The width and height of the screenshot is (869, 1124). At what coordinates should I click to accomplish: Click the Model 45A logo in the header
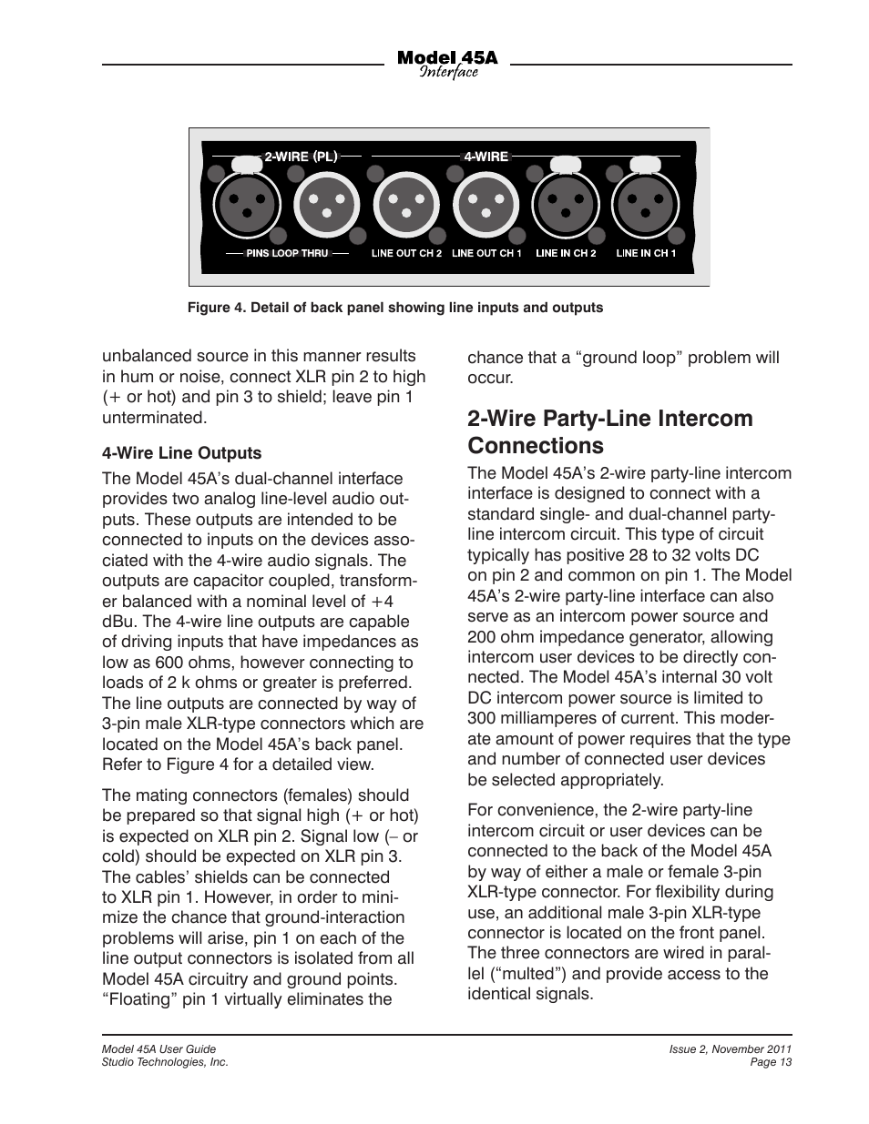click(x=447, y=64)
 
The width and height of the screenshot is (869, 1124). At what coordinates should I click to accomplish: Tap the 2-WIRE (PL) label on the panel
click(x=301, y=157)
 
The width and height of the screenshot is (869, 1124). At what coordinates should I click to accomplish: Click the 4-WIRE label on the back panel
click(x=486, y=157)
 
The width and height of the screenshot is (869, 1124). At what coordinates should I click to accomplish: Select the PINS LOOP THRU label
click(x=287, y=253)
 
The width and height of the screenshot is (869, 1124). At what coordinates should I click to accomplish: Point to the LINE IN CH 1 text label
click(x=646, y=253)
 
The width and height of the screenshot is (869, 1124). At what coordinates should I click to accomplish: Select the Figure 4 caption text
click(x=395, y=308)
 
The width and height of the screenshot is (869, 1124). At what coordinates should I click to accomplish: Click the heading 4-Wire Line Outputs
click(x=181, y=453)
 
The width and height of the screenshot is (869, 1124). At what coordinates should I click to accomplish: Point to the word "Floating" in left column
click(x=139, y=999)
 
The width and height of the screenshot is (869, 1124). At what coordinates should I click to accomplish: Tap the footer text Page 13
click(x=771, y=1062)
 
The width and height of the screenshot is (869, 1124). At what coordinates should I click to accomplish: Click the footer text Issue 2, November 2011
click(x=730, y=1049)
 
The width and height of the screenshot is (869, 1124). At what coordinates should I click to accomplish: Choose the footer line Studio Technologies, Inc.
click(x=164, y=1062)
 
